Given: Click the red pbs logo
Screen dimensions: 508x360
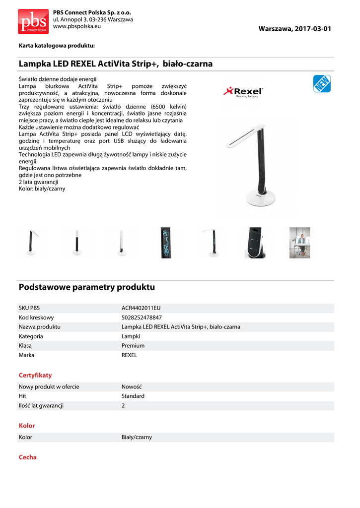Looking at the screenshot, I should [33, 21].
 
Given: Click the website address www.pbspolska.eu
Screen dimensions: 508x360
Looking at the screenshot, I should [77, 26].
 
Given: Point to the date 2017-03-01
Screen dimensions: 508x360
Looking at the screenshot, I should [312, 29].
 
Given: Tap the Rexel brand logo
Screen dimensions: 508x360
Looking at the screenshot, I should [244, 92].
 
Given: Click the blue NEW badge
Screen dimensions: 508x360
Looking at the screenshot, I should [322, 84].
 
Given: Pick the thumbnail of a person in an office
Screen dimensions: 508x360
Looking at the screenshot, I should [299, 243].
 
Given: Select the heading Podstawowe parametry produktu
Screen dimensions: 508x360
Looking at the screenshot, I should [87, 287].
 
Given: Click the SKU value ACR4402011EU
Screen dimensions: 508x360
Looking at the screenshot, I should [141, 308].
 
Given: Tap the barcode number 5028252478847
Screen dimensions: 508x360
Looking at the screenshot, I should [142, 317].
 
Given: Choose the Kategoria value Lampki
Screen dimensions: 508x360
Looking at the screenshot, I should [131, 336].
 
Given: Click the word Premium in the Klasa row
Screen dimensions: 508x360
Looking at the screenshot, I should [133, 346].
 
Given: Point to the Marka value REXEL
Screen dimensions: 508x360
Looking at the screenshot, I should [129, 355].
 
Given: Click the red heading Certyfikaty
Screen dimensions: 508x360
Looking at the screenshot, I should [35, 375].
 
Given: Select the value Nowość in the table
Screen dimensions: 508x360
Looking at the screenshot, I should [132, 386].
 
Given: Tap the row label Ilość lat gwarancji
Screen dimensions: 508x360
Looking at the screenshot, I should [41, 405].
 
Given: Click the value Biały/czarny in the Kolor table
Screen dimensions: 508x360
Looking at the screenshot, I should [137, 437].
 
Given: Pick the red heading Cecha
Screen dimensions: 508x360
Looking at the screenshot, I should [28, 457].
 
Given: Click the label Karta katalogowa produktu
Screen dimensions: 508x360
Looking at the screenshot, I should [57, 46].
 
